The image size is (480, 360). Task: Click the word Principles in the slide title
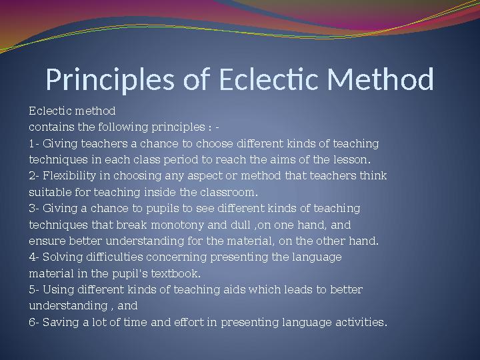pyautogui.click(x=108, y=80)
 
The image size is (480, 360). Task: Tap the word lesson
pyautogui.click(x=354, y=160)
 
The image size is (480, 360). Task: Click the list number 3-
pyautogui.click(x=34, y=209)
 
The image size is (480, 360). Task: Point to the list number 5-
pyautogui.click(x=34, y=290)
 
